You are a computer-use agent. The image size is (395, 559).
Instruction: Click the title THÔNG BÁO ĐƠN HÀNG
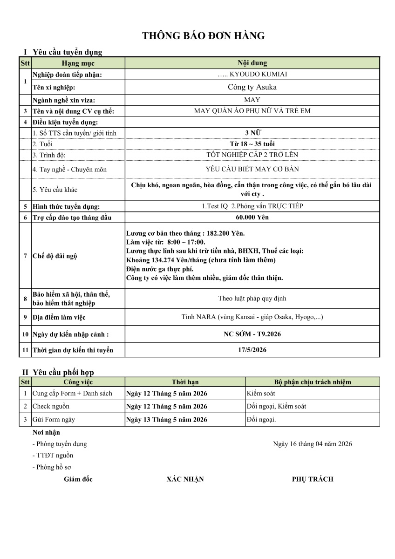[204, 36]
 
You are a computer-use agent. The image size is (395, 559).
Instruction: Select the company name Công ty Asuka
[252, 87]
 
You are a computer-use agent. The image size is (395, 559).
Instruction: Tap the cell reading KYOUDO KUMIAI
[252, 74]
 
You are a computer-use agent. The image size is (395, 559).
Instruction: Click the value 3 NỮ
[252, 133]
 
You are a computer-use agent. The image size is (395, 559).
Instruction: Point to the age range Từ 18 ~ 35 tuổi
[252, 144]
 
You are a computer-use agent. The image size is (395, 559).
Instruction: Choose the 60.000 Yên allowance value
[252, 217]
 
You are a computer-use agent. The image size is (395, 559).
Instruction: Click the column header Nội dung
[252, 63]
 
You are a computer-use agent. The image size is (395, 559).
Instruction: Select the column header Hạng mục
[78, 63]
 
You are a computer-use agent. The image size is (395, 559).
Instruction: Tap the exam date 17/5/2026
[252, 350]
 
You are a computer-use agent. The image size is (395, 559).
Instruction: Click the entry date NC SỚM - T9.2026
[252, 334]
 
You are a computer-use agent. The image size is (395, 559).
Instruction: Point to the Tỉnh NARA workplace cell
[252, 317]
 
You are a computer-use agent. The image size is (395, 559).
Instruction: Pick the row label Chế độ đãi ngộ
[55, 256]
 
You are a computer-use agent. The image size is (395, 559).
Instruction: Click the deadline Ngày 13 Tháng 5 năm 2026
[167, 419]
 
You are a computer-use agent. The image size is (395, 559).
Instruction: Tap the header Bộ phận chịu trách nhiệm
[312, 382]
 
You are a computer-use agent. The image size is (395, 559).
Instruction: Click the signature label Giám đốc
[78, 479]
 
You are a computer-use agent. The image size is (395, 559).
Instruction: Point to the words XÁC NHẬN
[185, 479]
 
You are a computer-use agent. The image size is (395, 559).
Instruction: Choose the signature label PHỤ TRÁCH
[313, 479]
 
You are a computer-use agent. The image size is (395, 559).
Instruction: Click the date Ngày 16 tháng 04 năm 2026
[312, 444]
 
